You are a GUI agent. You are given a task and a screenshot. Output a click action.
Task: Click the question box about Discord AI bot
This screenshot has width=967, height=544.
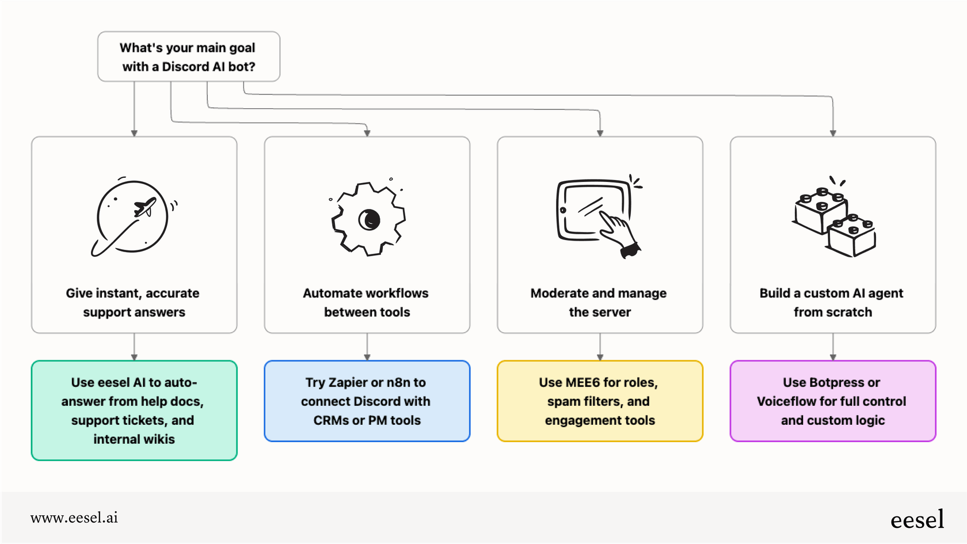(x=188, y=56)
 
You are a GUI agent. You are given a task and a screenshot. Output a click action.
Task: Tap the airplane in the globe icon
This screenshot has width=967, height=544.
(x=145, y=207)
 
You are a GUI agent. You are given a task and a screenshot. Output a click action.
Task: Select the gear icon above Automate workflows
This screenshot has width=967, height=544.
(x=368, y=219)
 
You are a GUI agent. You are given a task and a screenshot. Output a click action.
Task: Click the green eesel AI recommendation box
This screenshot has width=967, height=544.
(x=134, y=410)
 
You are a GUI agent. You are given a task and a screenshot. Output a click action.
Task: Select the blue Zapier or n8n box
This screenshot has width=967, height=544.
(x=367, y=401)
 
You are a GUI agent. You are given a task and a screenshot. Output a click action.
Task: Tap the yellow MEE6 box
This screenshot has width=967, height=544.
(x=600, y=401)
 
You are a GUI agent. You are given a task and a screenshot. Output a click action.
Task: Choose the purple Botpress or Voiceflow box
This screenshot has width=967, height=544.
(x=832, y=401)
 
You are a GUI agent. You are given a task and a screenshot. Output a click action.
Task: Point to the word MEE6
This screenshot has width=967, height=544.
(x=583, y=382)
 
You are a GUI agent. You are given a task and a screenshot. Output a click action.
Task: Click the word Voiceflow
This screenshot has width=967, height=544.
(x=785, y=401)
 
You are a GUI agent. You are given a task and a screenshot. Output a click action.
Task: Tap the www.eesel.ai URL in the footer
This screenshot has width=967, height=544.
(x=74, y=518)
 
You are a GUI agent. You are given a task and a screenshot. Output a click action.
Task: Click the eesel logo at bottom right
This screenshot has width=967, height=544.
(x=917, y=520)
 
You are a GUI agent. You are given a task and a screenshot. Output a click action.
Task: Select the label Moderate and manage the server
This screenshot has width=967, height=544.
(x=599, y=302)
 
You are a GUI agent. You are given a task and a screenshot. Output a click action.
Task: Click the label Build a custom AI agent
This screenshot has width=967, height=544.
(x=831, y=294)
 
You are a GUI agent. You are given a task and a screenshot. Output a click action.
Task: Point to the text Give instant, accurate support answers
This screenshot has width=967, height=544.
(x=133, y=302)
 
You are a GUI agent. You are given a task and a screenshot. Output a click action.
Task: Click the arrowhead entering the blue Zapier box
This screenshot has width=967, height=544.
(x=367, y=357)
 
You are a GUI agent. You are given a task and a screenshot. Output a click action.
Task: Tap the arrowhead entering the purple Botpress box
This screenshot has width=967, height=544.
(x=833, y=357)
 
